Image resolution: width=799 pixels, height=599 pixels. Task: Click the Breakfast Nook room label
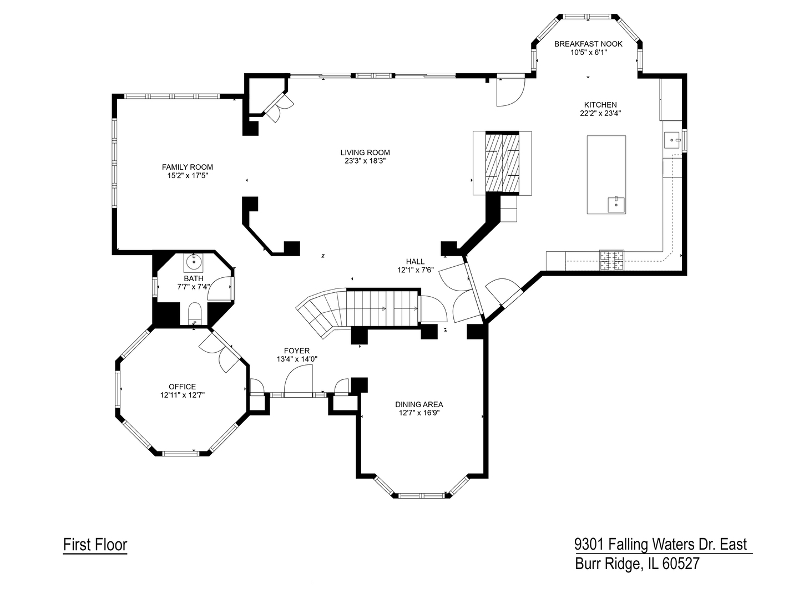[x=588, y=44]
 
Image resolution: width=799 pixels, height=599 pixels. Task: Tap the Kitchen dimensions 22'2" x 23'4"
[x=600, y=113]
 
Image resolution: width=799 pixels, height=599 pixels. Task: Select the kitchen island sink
[x=616, y=204]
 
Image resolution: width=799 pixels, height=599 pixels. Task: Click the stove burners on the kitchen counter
[x=611, y=260]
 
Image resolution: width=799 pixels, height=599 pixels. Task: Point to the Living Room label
[x=365, y=153]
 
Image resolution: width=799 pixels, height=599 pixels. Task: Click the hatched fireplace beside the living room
[x=503, y=163]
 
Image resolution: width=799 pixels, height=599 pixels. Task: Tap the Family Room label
[x=187, y=167]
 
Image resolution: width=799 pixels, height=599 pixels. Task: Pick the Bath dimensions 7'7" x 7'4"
[x=193, y=287]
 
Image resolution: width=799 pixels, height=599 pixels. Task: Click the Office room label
[x=183, y=387]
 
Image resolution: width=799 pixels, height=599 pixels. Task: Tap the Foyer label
[x=297, y=351]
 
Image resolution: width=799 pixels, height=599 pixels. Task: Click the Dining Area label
[x=419, y=404]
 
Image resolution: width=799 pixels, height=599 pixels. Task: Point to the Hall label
[x=415, y=262]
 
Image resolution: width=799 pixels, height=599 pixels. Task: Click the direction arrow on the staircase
[x=383, y=308]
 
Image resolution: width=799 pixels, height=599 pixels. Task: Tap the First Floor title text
[x=95, y=545]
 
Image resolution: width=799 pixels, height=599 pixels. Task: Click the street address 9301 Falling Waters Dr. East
[x=660, y=544]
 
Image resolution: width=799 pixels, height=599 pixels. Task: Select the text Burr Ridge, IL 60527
[x=637, y=564]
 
